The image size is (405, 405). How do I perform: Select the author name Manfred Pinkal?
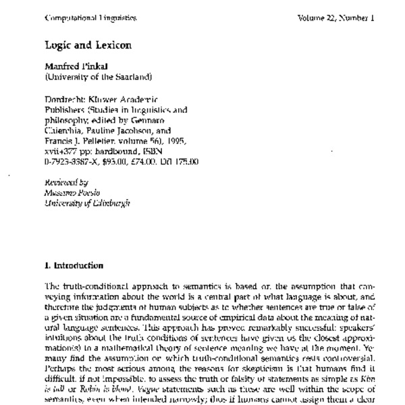coord(72,67)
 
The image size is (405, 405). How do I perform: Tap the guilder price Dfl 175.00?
coord(178,162)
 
